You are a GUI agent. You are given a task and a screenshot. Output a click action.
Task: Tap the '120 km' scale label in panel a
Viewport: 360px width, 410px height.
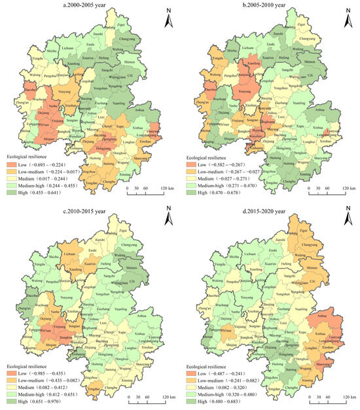(166, 194)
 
